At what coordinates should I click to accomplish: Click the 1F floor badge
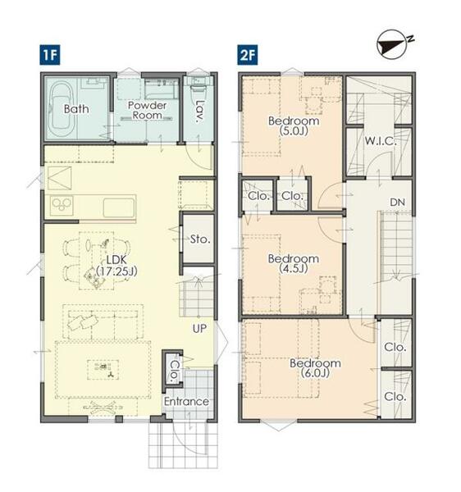49,55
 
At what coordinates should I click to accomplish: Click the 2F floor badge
248,55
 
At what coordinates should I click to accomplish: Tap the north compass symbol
393,44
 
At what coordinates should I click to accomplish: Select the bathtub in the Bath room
63,109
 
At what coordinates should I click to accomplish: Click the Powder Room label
147,110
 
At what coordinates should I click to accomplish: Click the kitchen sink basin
119,207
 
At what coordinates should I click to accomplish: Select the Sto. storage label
200,239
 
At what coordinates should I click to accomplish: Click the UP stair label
199,329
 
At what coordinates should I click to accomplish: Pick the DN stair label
397,203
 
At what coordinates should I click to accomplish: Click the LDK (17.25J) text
116,266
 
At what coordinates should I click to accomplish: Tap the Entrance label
186,401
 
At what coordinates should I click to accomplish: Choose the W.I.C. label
381,141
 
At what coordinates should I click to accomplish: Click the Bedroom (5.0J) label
294,125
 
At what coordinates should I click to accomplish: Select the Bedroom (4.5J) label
294,263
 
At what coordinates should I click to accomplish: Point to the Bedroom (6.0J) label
315,368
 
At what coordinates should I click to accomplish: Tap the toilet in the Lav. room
197,87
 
